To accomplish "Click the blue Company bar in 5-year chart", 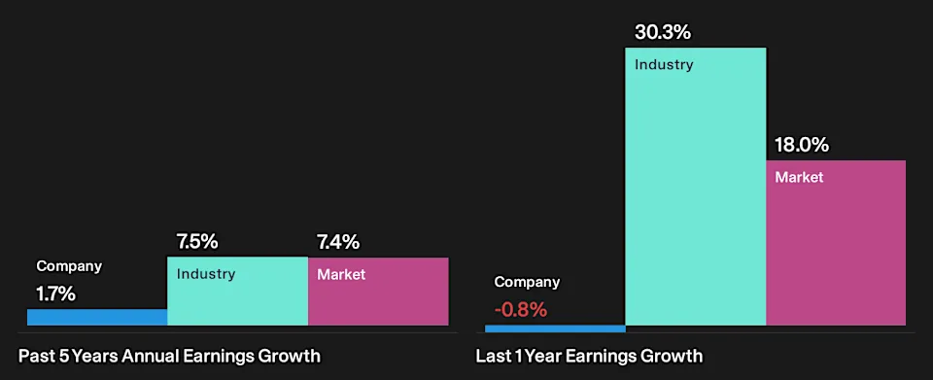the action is coord(97,317).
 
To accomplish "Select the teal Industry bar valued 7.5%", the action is coord(237,291).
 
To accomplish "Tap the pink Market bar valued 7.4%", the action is coord(378,292).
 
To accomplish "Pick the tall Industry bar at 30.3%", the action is coord(696,187).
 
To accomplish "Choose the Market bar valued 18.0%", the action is coord(836,243).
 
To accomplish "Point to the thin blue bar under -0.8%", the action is coord(555,328).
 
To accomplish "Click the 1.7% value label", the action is coord(56,294).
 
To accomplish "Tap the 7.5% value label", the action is coord(197,242).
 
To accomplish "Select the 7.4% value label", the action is coord(338,242).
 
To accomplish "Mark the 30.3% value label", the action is coord(663,32).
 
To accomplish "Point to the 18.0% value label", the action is coord(802,145).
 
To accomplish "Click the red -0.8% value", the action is coord(521,310).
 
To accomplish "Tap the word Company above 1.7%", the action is coord(69,266).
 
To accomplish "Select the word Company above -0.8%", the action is coord(527,283).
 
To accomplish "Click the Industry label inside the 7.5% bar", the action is coord(206,274).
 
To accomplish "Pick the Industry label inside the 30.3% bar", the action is coord(664,64).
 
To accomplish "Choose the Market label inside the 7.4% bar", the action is coord(341,275).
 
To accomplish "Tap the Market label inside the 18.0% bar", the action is coord(799,177).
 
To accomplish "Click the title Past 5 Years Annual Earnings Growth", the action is coord(169,357).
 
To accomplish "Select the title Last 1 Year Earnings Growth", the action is coord(589,357).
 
